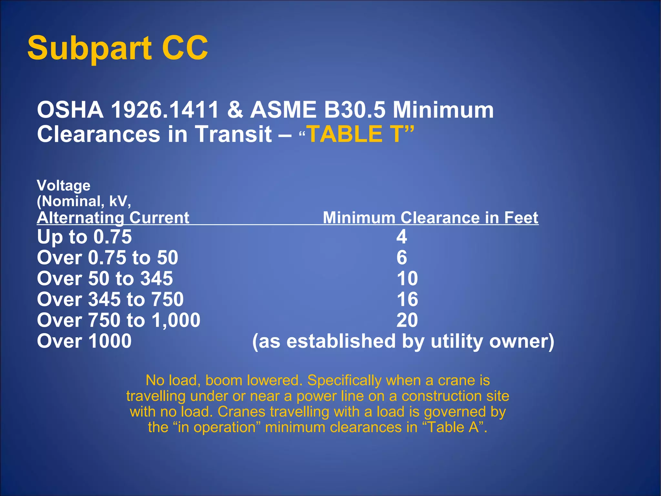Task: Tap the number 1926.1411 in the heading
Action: coord(165,110)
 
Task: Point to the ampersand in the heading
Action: coord(235,110)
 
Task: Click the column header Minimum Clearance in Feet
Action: coord(430,217)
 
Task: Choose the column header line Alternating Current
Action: coord(113,217)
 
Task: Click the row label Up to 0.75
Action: coord(84,237)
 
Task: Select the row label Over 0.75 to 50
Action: coord(107,258)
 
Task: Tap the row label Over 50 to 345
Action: coord(105,278)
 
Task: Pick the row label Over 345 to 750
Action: coord(110,299)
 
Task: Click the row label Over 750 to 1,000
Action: coord(118,320)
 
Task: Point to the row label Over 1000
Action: coord(84,341)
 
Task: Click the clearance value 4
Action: coord(402,237)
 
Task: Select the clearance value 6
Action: coord(402,258)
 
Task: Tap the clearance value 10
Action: coord(407,278)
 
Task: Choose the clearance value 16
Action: coord(407,299)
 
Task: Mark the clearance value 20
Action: coord(407,320)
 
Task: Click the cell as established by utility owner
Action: coord(403,341)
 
